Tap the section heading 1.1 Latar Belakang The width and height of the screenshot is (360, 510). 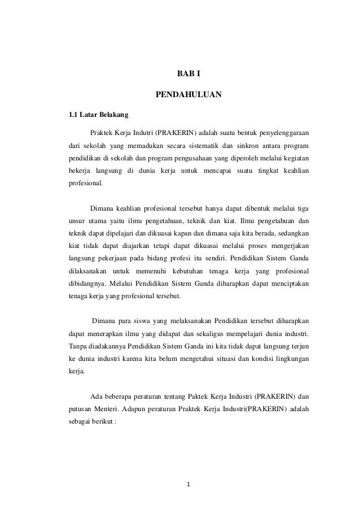click(x=98, y=116)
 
